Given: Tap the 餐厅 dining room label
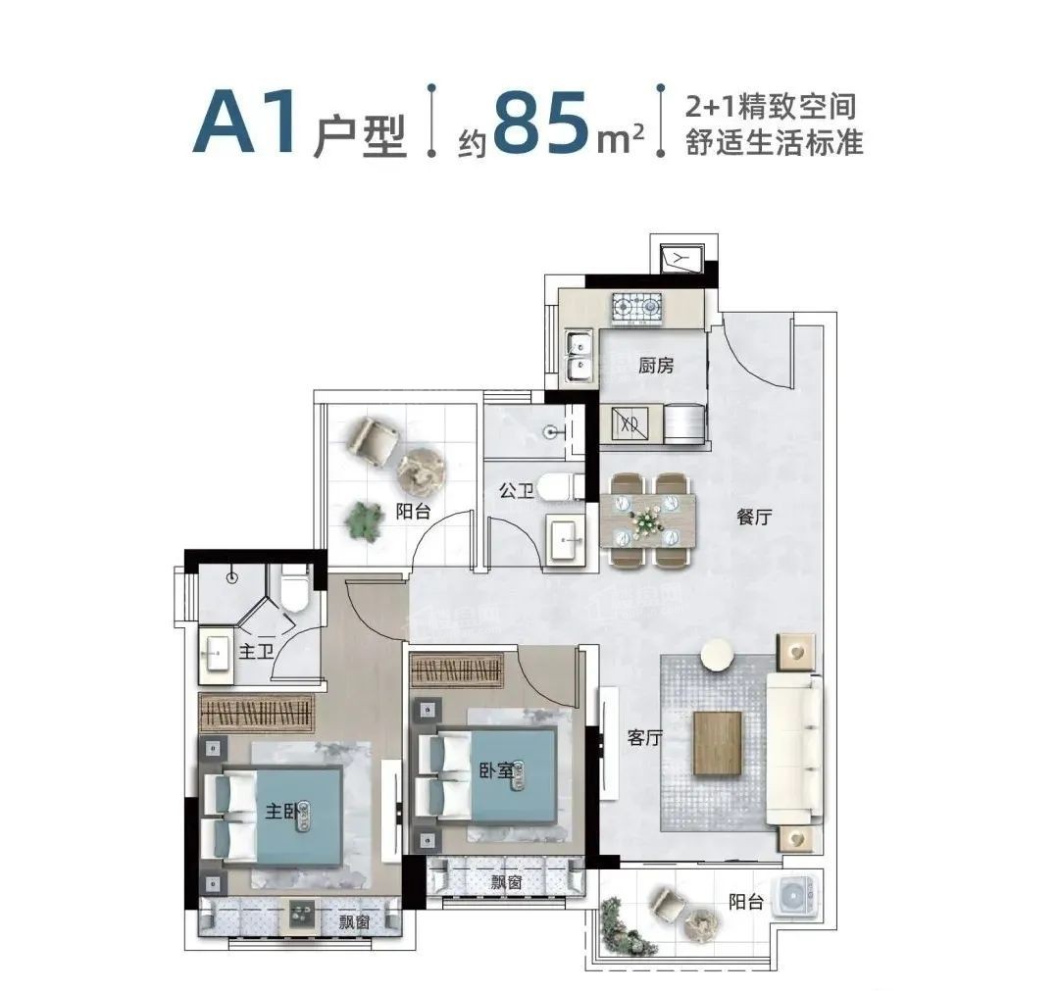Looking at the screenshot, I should click(754, 519).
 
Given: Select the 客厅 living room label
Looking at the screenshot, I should click(643, 739).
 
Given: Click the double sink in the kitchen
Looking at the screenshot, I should click(579, 357).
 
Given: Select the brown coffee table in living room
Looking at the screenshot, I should click(718, 743).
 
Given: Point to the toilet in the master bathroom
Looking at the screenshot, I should click(293, 587).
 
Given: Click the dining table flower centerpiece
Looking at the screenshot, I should click(645, 518).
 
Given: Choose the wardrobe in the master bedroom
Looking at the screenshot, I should click(256, 712).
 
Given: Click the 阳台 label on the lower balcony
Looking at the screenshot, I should click(746, 903).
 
